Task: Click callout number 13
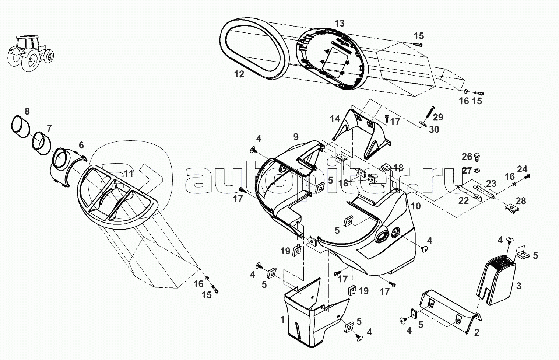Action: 339,24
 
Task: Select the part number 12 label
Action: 239,74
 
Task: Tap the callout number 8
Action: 27,111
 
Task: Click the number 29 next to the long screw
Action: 438,117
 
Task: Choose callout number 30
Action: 434,130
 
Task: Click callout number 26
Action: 467,157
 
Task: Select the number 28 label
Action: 521,201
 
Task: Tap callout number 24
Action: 522,169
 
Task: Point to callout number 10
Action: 415,206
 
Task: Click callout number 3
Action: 518,286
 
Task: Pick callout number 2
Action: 477,333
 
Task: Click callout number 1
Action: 282,319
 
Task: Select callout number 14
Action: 335,119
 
